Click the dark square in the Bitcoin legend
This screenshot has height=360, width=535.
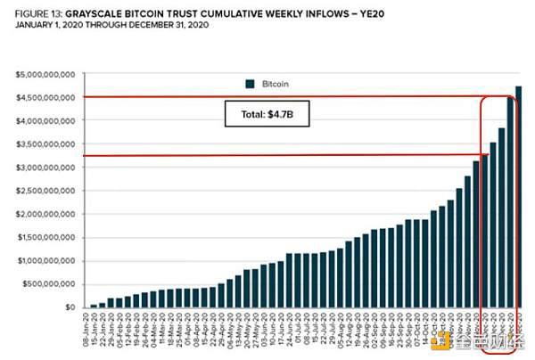point(251,84)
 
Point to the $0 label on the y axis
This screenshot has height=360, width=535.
point(70,307)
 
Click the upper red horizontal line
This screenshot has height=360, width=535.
point(267,96)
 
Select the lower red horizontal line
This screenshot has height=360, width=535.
point(267,157)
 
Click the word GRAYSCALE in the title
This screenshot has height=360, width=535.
point(117,15)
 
